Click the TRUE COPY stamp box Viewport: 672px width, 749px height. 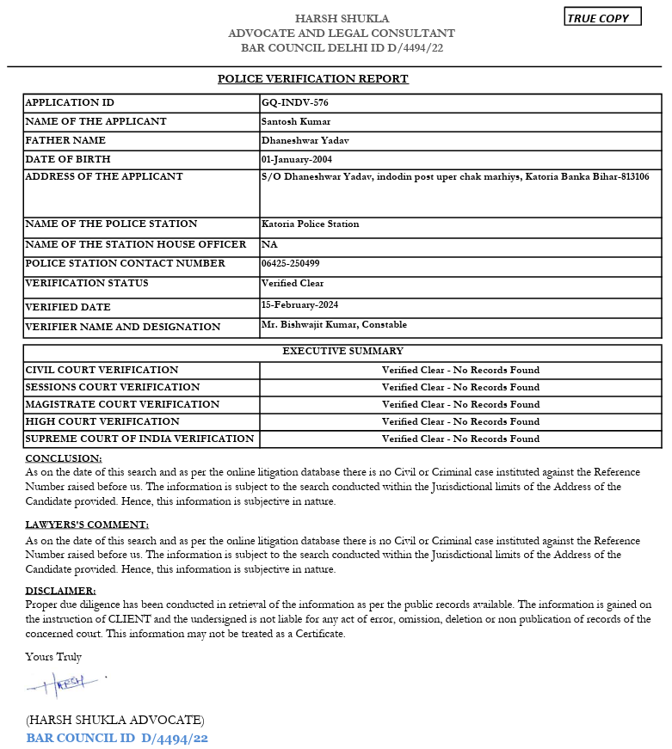point(602,17)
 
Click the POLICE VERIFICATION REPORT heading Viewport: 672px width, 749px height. point(312,79)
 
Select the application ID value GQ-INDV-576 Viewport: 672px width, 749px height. point(294,103)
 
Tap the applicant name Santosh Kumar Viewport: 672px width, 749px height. point(295,122)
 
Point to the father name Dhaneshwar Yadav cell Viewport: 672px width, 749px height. point(305,141)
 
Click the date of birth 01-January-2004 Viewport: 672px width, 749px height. point(296,160)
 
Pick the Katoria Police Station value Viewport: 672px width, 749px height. point(310,224)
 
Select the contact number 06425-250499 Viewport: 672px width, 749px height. point(290,264)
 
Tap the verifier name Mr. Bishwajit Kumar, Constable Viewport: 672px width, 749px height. point(334,325)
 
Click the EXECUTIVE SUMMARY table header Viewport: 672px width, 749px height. point(342,352)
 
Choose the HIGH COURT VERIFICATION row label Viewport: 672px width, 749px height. point(102,422)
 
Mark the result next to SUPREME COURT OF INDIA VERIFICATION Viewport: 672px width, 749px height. point(460,439)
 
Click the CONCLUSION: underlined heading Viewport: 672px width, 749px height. point(64,459)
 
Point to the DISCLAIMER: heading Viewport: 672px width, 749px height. point(60,591)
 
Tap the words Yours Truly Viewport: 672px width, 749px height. point(53,658)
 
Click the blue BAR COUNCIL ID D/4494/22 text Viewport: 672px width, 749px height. point(117,738)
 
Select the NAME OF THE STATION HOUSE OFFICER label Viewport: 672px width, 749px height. point(135,245)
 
